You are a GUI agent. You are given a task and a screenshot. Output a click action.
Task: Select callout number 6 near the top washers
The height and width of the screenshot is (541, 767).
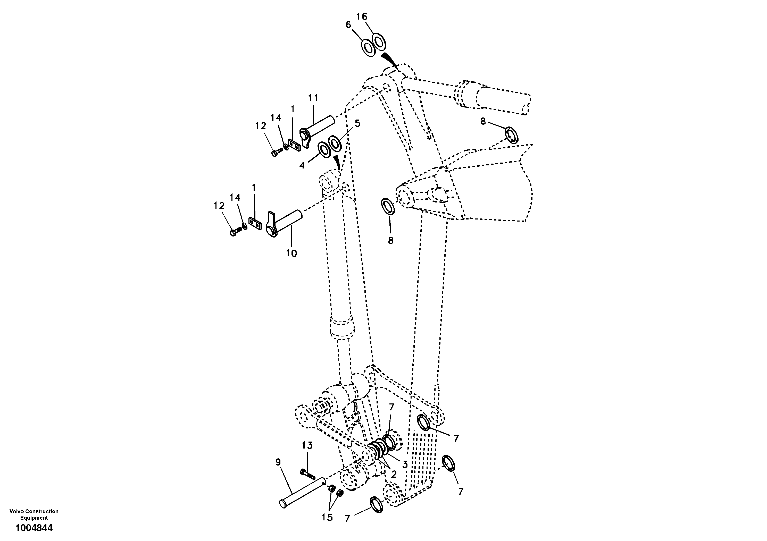point(348,24)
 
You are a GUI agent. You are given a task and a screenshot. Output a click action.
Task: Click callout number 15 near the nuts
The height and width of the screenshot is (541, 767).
point(327,517)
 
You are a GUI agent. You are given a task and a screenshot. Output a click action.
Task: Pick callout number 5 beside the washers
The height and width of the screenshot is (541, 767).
point(357,124)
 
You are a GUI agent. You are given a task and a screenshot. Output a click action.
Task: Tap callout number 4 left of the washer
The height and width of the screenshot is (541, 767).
point(302,165)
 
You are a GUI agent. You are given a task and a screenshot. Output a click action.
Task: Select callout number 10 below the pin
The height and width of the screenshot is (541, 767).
point(291,253)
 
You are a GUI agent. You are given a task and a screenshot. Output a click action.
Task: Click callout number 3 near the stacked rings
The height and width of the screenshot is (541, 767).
point(405,464)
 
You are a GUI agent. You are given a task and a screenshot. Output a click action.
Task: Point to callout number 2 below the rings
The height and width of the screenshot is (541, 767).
point(394,474)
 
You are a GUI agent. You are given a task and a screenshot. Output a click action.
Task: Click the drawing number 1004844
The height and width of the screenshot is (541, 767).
point(34,528)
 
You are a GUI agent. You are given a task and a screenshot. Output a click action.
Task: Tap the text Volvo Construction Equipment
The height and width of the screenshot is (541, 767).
point(34,514)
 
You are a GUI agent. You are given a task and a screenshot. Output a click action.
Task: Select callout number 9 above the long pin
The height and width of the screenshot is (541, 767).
point(278,462)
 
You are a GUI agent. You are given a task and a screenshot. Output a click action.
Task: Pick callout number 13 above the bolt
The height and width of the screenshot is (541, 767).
point(307,445)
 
